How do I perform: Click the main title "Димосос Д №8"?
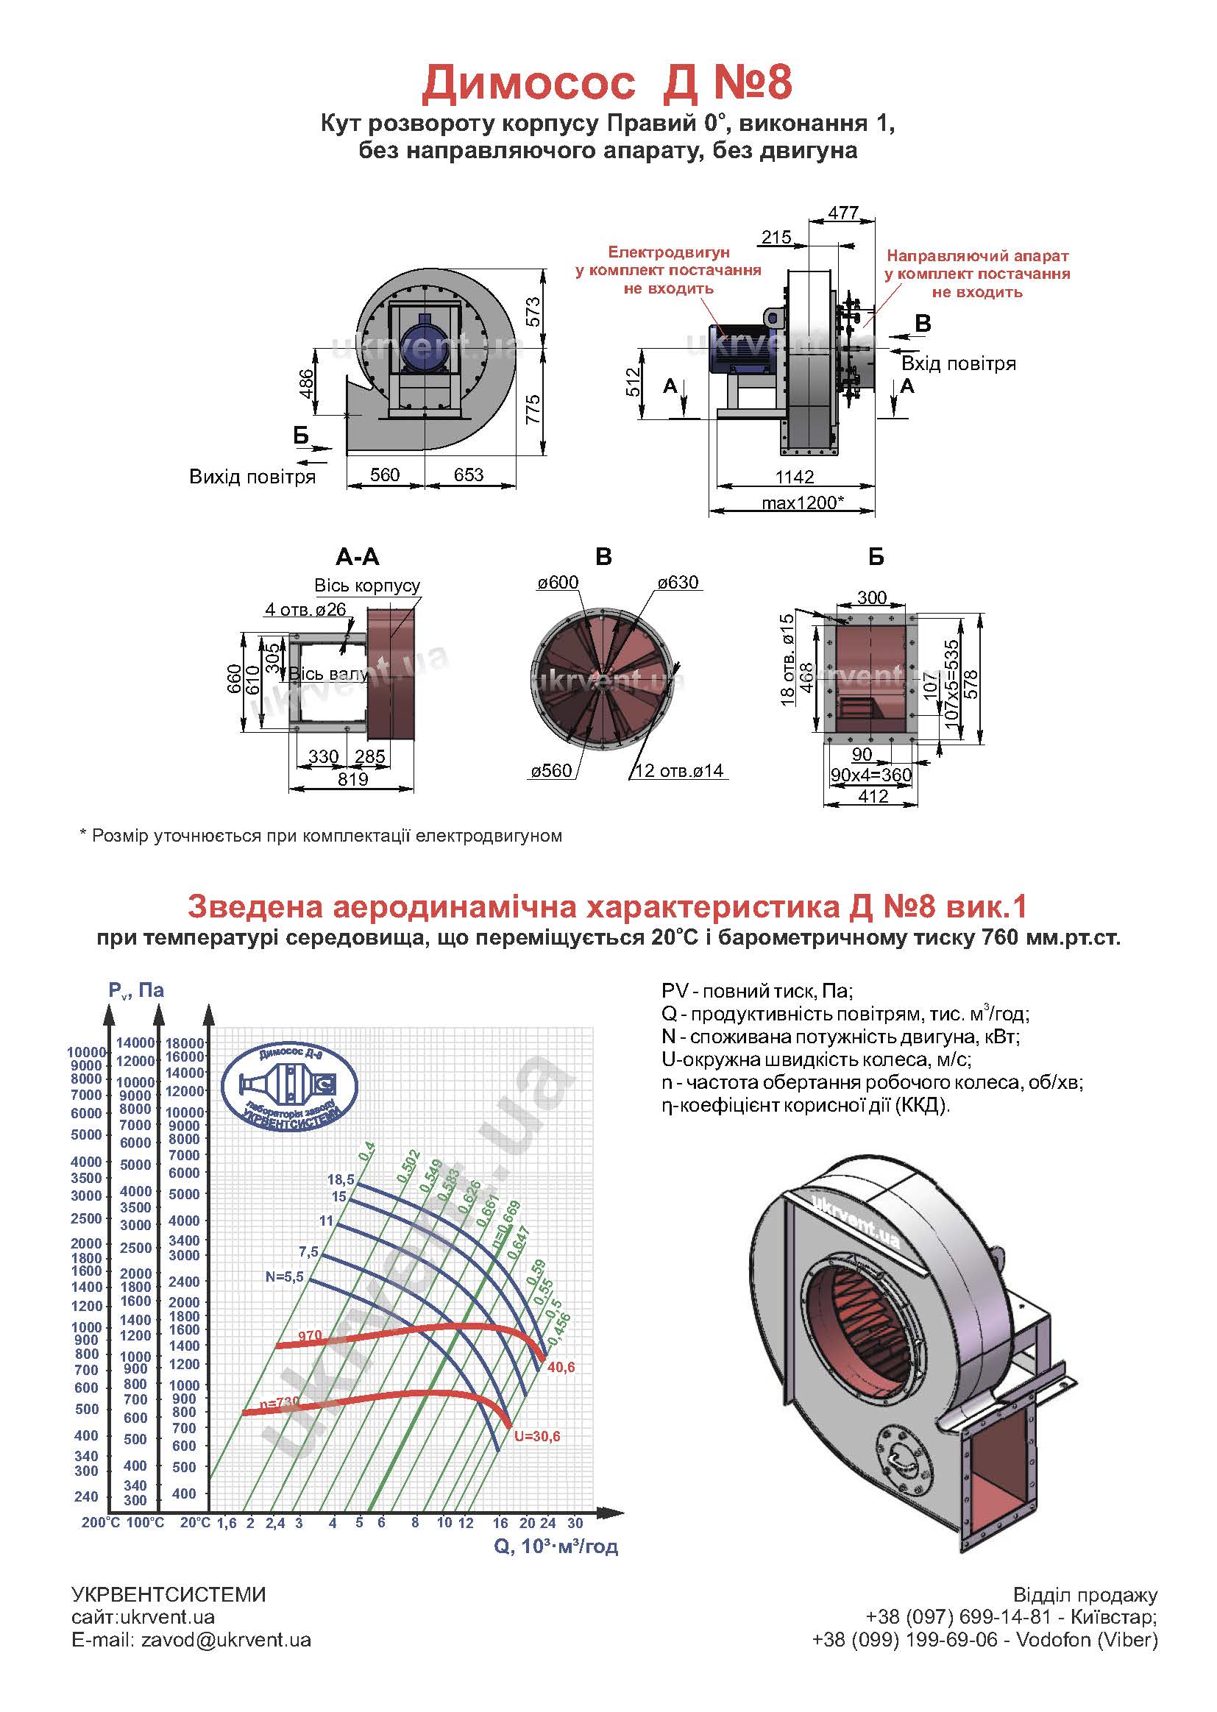tap(606, 83)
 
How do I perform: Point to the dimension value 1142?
tap(795, 477)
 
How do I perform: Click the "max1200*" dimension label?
tap(803, 502)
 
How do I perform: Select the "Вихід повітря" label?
tap(252, 477)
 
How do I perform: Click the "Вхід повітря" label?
tap(959, 364)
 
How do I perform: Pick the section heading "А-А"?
tap(358, 557)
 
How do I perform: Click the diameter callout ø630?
tap(678, 582)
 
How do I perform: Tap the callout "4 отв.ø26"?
tap(306, 609)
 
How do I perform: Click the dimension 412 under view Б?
tap(873, 796)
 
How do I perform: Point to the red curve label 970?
tap(310, 1335)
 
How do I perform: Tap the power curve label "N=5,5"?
tap(284, 1276)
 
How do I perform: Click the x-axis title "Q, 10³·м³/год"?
tap(556, 1546)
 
